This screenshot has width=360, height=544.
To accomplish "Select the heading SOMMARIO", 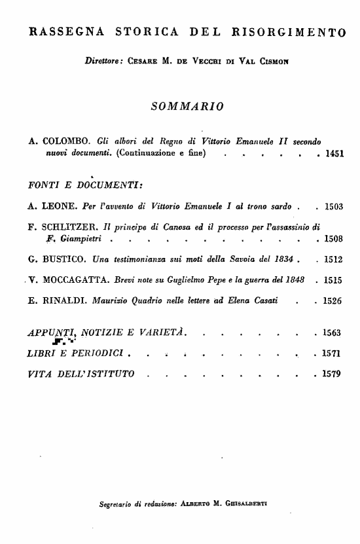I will click(x=187, y=105).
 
